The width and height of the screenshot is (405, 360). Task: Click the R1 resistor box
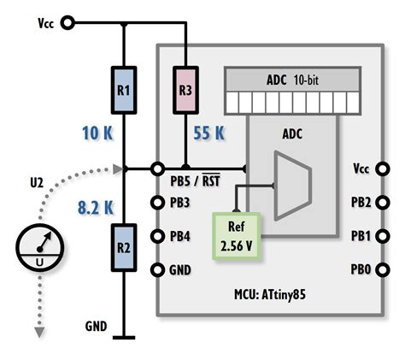pyautogui.click(x=124, y=89)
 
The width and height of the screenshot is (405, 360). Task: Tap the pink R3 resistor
pyautogui.click(x=185, y=88)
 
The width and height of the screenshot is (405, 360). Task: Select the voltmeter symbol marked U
pyautogui.click(x=38, y=250)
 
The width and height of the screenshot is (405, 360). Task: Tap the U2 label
pyautogui.click(x=37, y=181)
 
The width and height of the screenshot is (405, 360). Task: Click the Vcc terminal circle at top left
pyautogui.click(x=68, y=23)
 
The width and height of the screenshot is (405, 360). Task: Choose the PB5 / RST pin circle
pyautogui.click(x=157, y=168)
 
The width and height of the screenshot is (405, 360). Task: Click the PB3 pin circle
pyautogui.click(x=157, y=203)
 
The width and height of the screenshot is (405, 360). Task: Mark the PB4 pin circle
pyautogui.click(x=157, y=236)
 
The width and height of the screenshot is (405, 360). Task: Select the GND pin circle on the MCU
pyautogui.click(x=157, y=270)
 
